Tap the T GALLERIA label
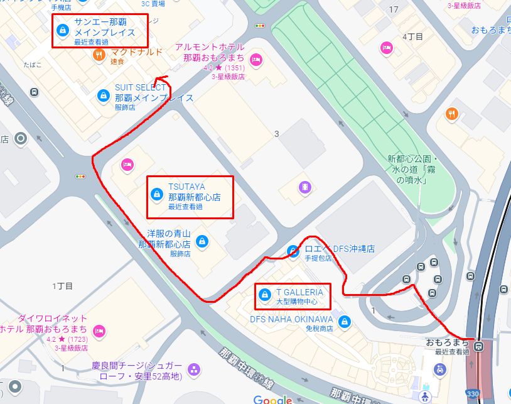[x=299, y=292]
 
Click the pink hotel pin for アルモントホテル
[x=255, y=60]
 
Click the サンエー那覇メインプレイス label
[x=104, y=28]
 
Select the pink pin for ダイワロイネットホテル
[x=99, y=330]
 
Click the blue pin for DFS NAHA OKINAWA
[x=343, y=322]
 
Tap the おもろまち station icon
[x=479, y=345]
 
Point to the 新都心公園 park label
[x=412, y=168]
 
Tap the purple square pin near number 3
[x=304, y=187]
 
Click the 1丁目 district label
[x=63, y=286]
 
